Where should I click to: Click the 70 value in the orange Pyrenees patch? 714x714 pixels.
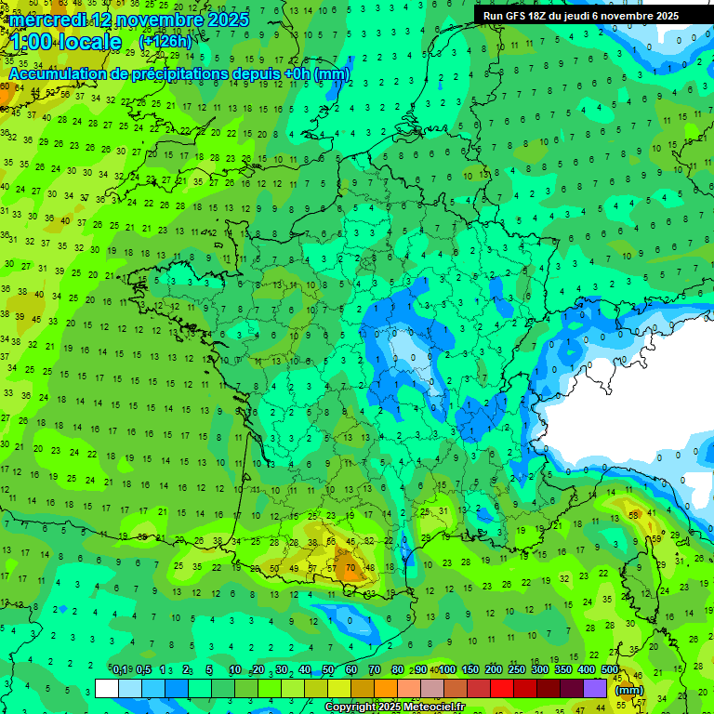[350, 566]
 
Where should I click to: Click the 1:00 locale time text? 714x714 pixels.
[65, 42]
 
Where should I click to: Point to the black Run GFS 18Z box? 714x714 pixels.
[581, 16]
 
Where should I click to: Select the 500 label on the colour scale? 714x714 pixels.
[610, 669]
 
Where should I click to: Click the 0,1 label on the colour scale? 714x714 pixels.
[120, 669]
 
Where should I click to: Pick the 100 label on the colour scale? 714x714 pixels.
[447, 669]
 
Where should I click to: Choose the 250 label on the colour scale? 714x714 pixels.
[517, 669]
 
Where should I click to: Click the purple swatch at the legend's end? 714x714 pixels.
[595, 688]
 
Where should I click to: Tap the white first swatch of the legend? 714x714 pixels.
[107, 688]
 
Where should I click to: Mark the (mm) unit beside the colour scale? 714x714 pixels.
[629, 690]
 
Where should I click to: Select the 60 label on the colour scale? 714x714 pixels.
[350, 669]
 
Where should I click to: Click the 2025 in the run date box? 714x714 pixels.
[666, 16]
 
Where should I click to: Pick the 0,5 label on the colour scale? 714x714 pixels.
[144, 669]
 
